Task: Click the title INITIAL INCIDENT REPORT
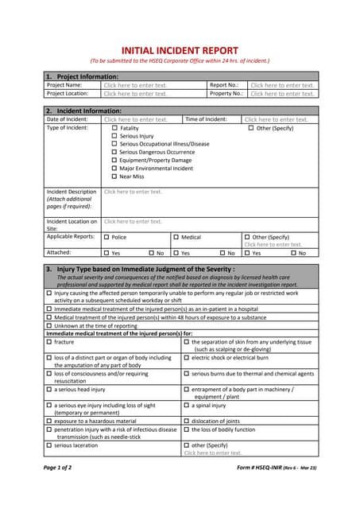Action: [x=180, y=49]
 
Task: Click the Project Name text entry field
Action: [x=135, y=85]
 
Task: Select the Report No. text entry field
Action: [x=282, y=85]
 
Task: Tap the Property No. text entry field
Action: [x=282, y=94]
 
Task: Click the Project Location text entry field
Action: [x=135, y=94]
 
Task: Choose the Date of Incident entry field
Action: [x=135, y=119]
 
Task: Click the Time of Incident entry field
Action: [x=276, y=119]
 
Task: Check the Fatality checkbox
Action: [x=114, y=128]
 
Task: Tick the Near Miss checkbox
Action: [x=114, y=177]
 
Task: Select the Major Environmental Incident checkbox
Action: [x=114, y=169]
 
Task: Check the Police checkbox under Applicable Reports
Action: [x=107, y=237]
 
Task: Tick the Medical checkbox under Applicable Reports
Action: [x=176, y=237]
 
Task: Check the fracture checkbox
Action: [x=49, y=342]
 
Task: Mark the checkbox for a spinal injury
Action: [x=187, y=405]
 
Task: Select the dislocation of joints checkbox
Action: [x=187, y=421]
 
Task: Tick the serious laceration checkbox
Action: [x=49, y=445]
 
